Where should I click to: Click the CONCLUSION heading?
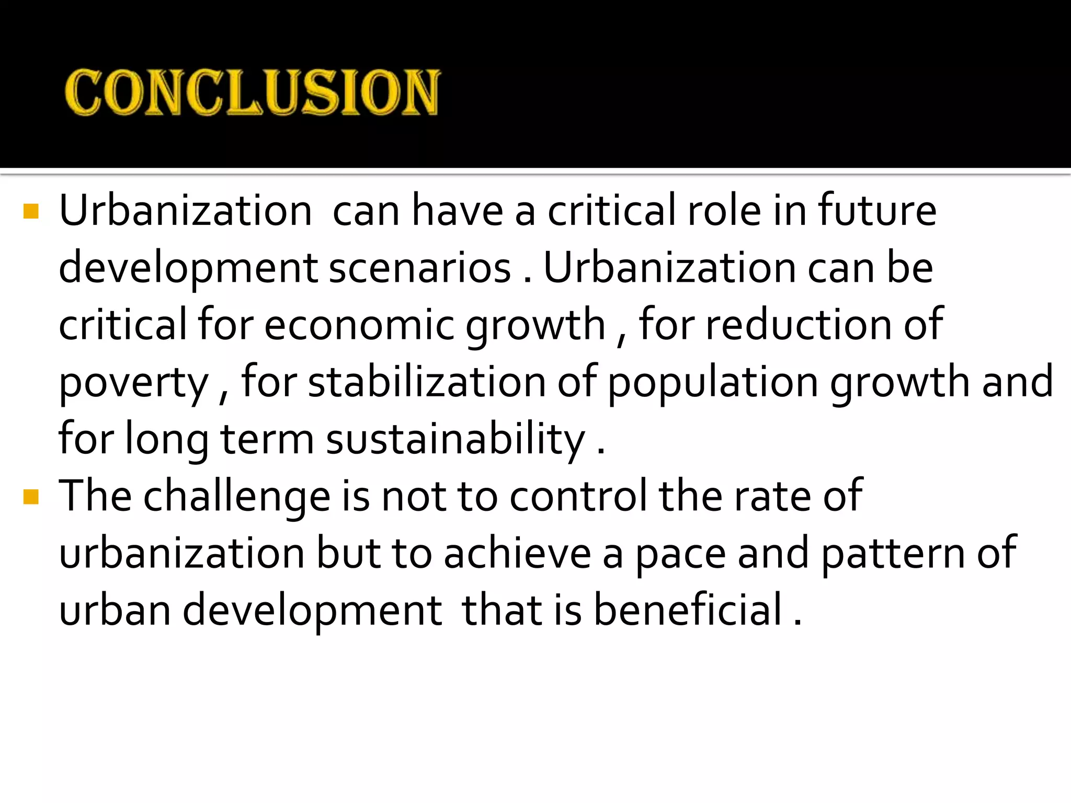[252, 92]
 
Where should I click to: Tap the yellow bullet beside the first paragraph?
[31, 211]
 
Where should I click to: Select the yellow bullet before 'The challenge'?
[31, 497]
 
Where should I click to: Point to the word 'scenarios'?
[420, 268]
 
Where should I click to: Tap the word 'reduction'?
[799, 325]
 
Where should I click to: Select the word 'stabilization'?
[427, 382]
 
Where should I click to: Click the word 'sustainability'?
[455, 440]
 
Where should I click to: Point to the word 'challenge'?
[236, 497]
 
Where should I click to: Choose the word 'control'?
[578, 496]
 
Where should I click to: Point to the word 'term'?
[267, 440]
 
